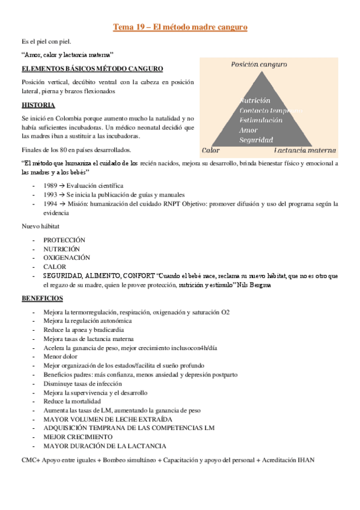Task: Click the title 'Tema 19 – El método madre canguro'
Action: (180, 28)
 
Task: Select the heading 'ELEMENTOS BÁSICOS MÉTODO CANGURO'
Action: (91, 69)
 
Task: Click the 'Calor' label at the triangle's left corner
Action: (210, 150)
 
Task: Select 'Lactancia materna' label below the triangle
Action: (305, 150)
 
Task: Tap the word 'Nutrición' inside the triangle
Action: (255, 100)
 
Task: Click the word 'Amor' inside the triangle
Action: (248, 130)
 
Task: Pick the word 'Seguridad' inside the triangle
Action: (257, 140)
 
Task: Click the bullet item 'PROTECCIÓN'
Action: (64, 240)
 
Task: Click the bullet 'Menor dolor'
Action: (60, 356)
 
